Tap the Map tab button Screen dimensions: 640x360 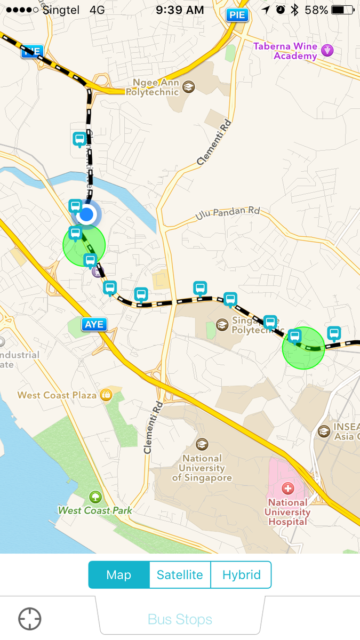118,574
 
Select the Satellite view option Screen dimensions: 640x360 180,574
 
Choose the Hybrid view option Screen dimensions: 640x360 241,574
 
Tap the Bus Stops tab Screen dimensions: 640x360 180,619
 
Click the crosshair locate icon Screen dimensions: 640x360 30,619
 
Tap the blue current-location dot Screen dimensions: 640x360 86,215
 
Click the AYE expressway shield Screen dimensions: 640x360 94,324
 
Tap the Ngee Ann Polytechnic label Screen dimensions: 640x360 152,87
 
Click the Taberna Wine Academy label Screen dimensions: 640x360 285,51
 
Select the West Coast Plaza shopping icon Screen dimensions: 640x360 106,395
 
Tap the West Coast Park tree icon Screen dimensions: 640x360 95,497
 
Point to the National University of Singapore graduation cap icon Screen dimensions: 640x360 202,444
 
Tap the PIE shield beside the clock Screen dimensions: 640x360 237,15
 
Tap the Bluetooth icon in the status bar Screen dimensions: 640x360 294,10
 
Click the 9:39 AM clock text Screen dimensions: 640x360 180,10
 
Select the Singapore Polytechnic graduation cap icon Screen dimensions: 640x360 222,324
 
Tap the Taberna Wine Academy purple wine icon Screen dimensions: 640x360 327,51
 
